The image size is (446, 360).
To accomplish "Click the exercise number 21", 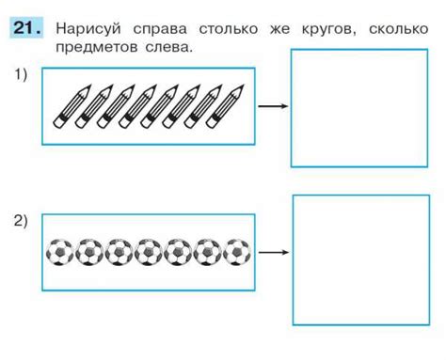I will [x=26, y=27].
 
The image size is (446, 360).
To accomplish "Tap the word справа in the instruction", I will [x=157, y=29].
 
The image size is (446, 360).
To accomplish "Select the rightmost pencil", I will [x=229, y=106].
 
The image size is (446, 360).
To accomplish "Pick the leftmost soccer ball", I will [x=60, y=252].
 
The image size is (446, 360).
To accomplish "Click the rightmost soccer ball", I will [x=238, y=252].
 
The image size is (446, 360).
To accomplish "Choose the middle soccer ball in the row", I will [x=149, y=252].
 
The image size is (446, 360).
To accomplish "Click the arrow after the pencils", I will [x=272, y=106].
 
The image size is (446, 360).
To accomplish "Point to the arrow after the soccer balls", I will [x=272, y=252].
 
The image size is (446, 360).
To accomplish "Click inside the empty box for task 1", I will [x=345, y=108].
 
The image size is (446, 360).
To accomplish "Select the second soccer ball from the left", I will [x=89, y=252].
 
